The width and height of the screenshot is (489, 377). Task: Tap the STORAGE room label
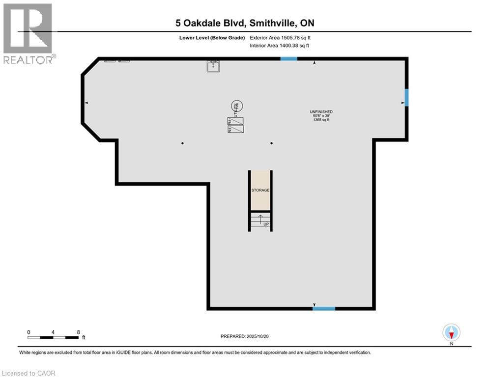coord(260,190)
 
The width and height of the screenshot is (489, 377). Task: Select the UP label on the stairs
coord(266,224)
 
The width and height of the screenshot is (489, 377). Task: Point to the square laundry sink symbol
coord(213,66)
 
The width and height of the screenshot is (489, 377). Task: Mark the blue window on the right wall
coord(406,97)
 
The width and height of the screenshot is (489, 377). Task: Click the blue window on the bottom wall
coord(324,308)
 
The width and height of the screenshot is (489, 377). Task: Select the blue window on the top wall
coord(288,59)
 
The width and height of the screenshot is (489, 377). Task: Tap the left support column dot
coord(182,143)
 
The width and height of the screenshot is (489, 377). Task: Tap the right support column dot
coord(271,143)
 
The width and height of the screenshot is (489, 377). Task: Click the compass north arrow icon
coord(451,332)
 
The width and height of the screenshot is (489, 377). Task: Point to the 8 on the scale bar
coord(78,332)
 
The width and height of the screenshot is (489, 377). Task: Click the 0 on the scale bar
coord(29,332)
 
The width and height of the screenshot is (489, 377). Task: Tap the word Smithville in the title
coord(276,23)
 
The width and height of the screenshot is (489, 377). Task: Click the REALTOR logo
coord(28,33)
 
